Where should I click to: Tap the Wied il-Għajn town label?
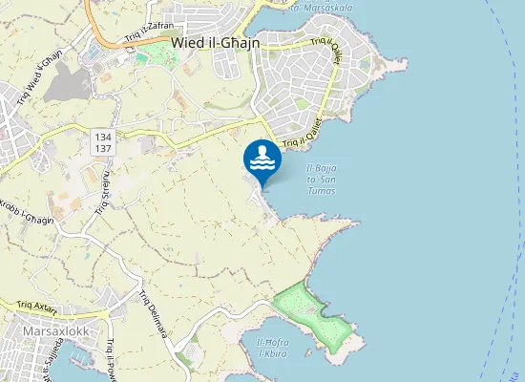[x=216, y=42]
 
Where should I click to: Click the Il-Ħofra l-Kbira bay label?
[x=279, y=347]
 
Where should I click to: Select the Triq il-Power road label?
[x=112, y=361]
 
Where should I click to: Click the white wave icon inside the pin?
[x=262, y=165]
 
